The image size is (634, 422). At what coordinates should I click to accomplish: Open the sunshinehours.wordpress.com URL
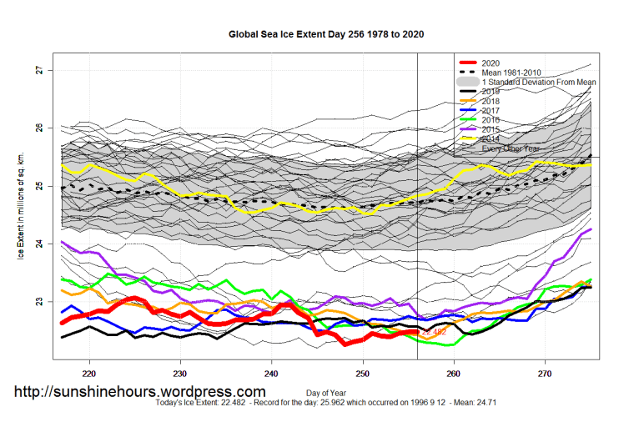pos(139,391)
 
